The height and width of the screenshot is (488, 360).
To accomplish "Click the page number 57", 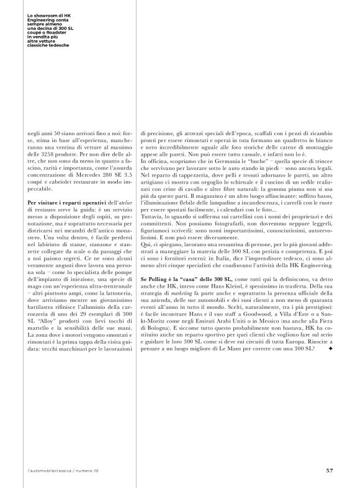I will (329, 470).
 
